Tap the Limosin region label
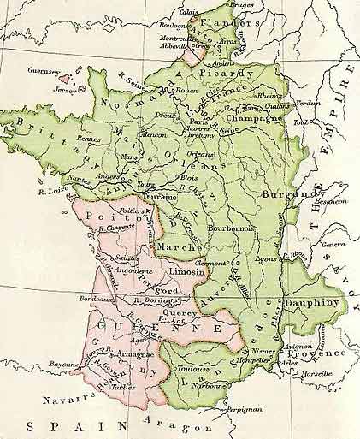tap(189, 270)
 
